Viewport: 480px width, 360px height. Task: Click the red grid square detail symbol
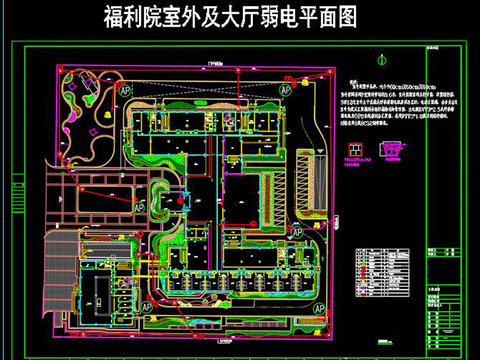click(354, 152)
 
